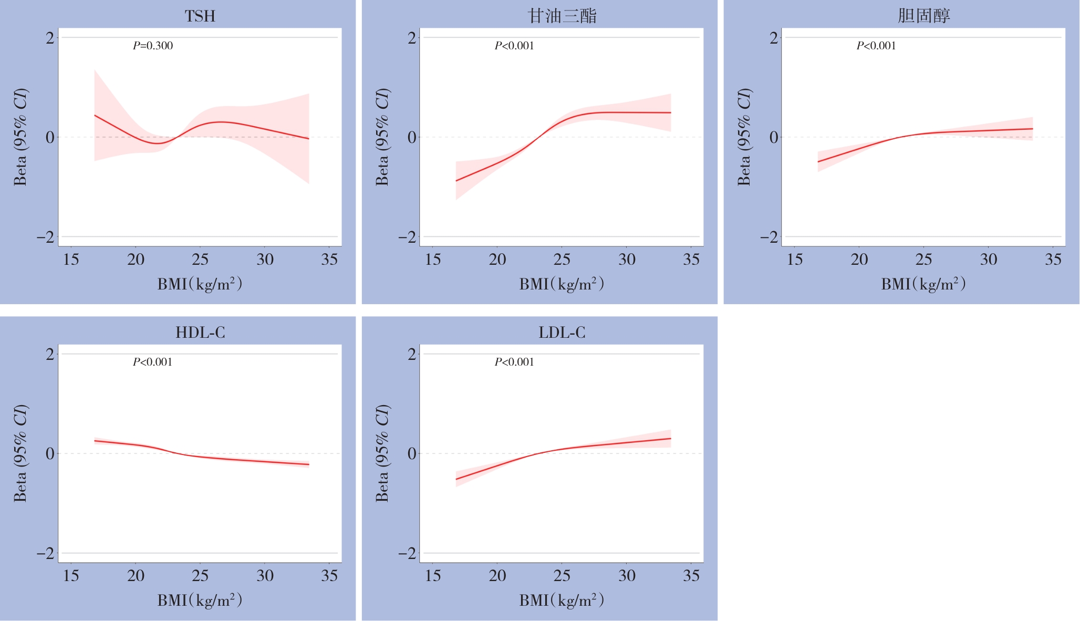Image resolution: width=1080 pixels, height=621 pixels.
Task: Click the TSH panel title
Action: tap(200, 16)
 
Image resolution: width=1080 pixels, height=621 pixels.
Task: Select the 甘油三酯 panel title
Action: tap(562, 16)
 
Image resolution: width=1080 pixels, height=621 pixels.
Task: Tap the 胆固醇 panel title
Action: tap(923, 16)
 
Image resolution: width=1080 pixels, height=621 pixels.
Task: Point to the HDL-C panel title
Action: tap(200, 333)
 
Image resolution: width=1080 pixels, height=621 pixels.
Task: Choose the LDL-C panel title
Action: tap(562, 333)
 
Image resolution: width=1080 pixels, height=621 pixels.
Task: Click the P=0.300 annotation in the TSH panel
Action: tap(153, 46)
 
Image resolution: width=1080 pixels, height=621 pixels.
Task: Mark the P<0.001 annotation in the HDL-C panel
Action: tap(152, 362)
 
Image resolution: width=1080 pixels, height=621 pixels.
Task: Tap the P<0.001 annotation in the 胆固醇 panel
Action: tap(876, 46)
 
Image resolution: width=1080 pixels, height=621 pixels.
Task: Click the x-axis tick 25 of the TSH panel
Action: tap(200, 260)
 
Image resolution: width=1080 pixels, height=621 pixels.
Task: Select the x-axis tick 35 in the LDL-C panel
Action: tap(691, 576)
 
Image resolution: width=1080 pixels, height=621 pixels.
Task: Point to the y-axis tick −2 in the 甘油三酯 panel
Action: tap(407, 237)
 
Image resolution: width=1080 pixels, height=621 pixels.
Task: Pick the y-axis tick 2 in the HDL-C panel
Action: tap(50, 354)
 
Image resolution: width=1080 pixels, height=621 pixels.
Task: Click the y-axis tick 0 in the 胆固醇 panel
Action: tap(774, 138)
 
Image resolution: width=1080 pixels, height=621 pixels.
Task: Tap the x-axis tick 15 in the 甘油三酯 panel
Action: tap(433, 260)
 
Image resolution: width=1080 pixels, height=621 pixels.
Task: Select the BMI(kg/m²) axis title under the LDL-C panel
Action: tap(562, 600)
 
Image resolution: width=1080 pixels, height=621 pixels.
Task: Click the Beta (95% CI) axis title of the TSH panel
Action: tap(20, 137)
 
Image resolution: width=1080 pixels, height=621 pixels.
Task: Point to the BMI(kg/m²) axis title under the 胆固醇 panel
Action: tap(923, 284)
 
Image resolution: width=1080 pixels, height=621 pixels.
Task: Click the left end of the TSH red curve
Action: tap(95, 115)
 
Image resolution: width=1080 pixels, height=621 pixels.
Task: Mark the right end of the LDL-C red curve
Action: tap(671, 438)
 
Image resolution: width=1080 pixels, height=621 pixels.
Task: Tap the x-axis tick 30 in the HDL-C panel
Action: tap(265, 576)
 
